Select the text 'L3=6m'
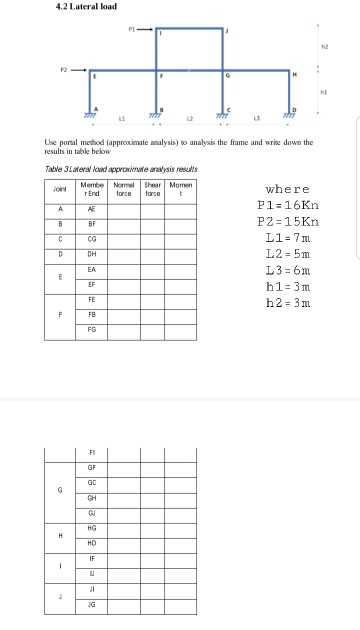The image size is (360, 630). pyautogui.click(x=288, y=260)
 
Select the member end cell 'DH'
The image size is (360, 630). pyautogui.click(x=92, y=254)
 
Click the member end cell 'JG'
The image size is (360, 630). pyautogui.click(x=92, y=605)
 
